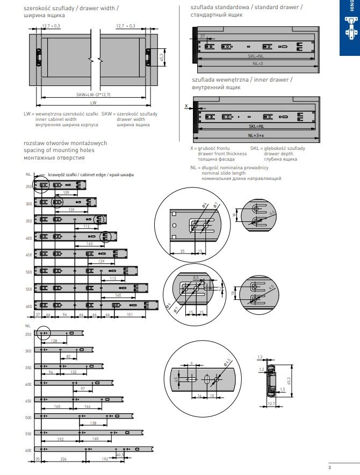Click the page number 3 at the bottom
[351, 466]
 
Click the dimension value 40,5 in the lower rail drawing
[119, 454]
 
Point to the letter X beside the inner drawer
[186, 106]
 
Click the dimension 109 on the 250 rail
[66, 192]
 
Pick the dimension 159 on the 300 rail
[72, 210]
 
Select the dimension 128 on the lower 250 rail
[54, 341]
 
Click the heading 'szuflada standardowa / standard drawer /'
[246, 7]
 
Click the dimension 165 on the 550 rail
[118, 296]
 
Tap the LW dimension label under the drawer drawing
[93, 102]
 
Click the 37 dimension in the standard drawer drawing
[203, 36]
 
